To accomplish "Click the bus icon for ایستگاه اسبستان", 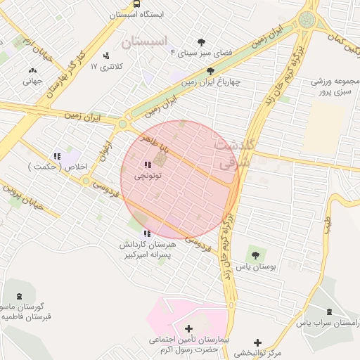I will pos(136,4).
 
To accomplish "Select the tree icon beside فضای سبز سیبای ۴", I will pos(202,42).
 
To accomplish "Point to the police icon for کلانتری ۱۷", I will pos(106,56).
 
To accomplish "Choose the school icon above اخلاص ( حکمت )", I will pos(57,156).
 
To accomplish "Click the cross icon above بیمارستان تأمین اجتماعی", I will pos(188,328).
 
